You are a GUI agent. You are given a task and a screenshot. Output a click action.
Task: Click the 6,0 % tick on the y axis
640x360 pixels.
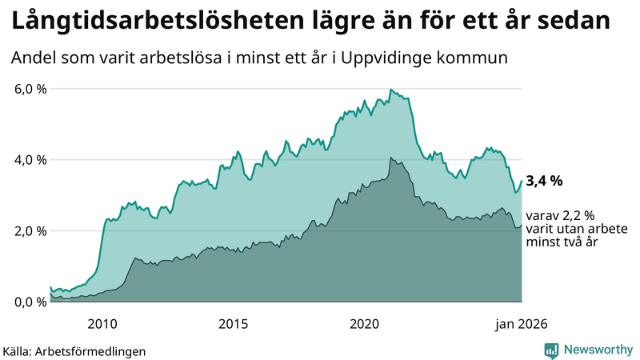pos(30,89)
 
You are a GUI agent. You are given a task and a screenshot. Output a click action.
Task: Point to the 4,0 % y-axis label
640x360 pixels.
pos(30,160)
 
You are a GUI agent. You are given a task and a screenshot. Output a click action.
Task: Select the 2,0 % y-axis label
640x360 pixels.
pos(30,231)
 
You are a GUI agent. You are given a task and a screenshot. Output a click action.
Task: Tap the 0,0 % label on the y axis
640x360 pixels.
pos(30,302)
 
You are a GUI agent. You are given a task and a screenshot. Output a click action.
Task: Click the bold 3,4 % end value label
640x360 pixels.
pos(544,182)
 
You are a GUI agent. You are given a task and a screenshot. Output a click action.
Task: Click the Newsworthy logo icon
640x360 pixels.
pos(551,350)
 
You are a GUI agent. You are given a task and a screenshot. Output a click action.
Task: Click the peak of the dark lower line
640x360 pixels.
pos(390,158)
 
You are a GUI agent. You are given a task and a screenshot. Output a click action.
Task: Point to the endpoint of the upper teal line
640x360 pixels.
pos(522,181)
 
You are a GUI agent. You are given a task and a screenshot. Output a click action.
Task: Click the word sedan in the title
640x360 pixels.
pos(573,22)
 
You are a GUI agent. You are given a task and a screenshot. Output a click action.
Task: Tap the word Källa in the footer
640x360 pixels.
pos(22,350)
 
